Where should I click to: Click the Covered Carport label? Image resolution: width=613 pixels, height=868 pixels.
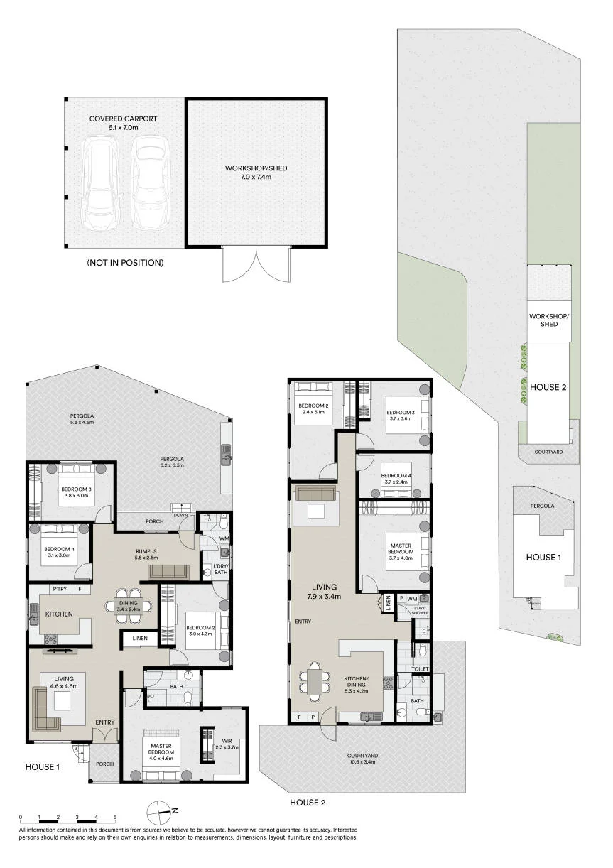123,123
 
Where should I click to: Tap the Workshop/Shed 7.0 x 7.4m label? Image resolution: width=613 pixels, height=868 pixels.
256,173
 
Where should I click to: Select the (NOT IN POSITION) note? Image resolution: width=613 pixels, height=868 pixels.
125,262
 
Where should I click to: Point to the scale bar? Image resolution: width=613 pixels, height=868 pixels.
67,819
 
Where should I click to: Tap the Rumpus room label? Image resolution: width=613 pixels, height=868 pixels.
146,555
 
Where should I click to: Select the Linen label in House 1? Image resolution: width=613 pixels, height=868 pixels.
140,638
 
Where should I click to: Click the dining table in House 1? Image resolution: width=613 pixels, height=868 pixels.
129,606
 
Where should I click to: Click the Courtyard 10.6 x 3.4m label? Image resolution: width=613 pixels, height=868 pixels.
362,759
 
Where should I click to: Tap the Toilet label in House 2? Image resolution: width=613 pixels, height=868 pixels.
420,668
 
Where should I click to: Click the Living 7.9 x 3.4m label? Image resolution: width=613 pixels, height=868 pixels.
325,592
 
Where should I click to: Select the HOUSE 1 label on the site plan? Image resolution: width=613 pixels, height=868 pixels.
543,557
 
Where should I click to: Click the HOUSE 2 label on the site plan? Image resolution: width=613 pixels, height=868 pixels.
548,387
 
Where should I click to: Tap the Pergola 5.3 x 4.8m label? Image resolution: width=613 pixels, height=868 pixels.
82,419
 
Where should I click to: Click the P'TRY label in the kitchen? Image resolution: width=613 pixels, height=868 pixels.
60,589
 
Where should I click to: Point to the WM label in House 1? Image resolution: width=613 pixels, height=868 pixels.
224,538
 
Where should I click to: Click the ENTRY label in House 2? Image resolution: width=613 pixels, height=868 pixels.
303,621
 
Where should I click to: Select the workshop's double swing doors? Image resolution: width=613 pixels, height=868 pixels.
256,264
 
